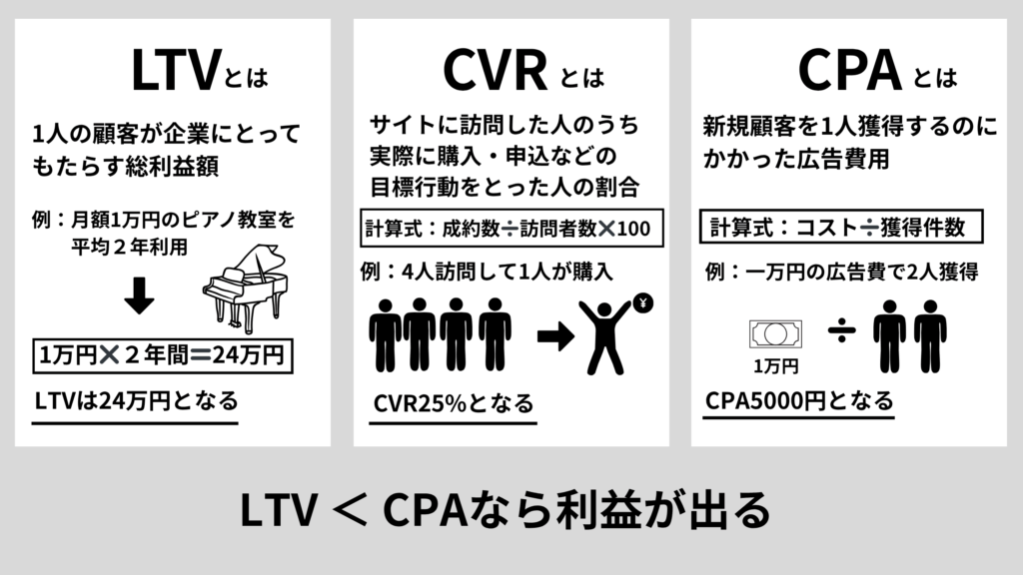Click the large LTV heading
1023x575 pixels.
pos(175,70)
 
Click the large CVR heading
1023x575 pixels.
pos(494,70)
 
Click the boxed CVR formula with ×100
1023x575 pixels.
pos(509,228)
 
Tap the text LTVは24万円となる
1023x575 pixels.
pos(136,402)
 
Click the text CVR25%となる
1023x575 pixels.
pos(452,404)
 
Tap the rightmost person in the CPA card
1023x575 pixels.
pos(930,335)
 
